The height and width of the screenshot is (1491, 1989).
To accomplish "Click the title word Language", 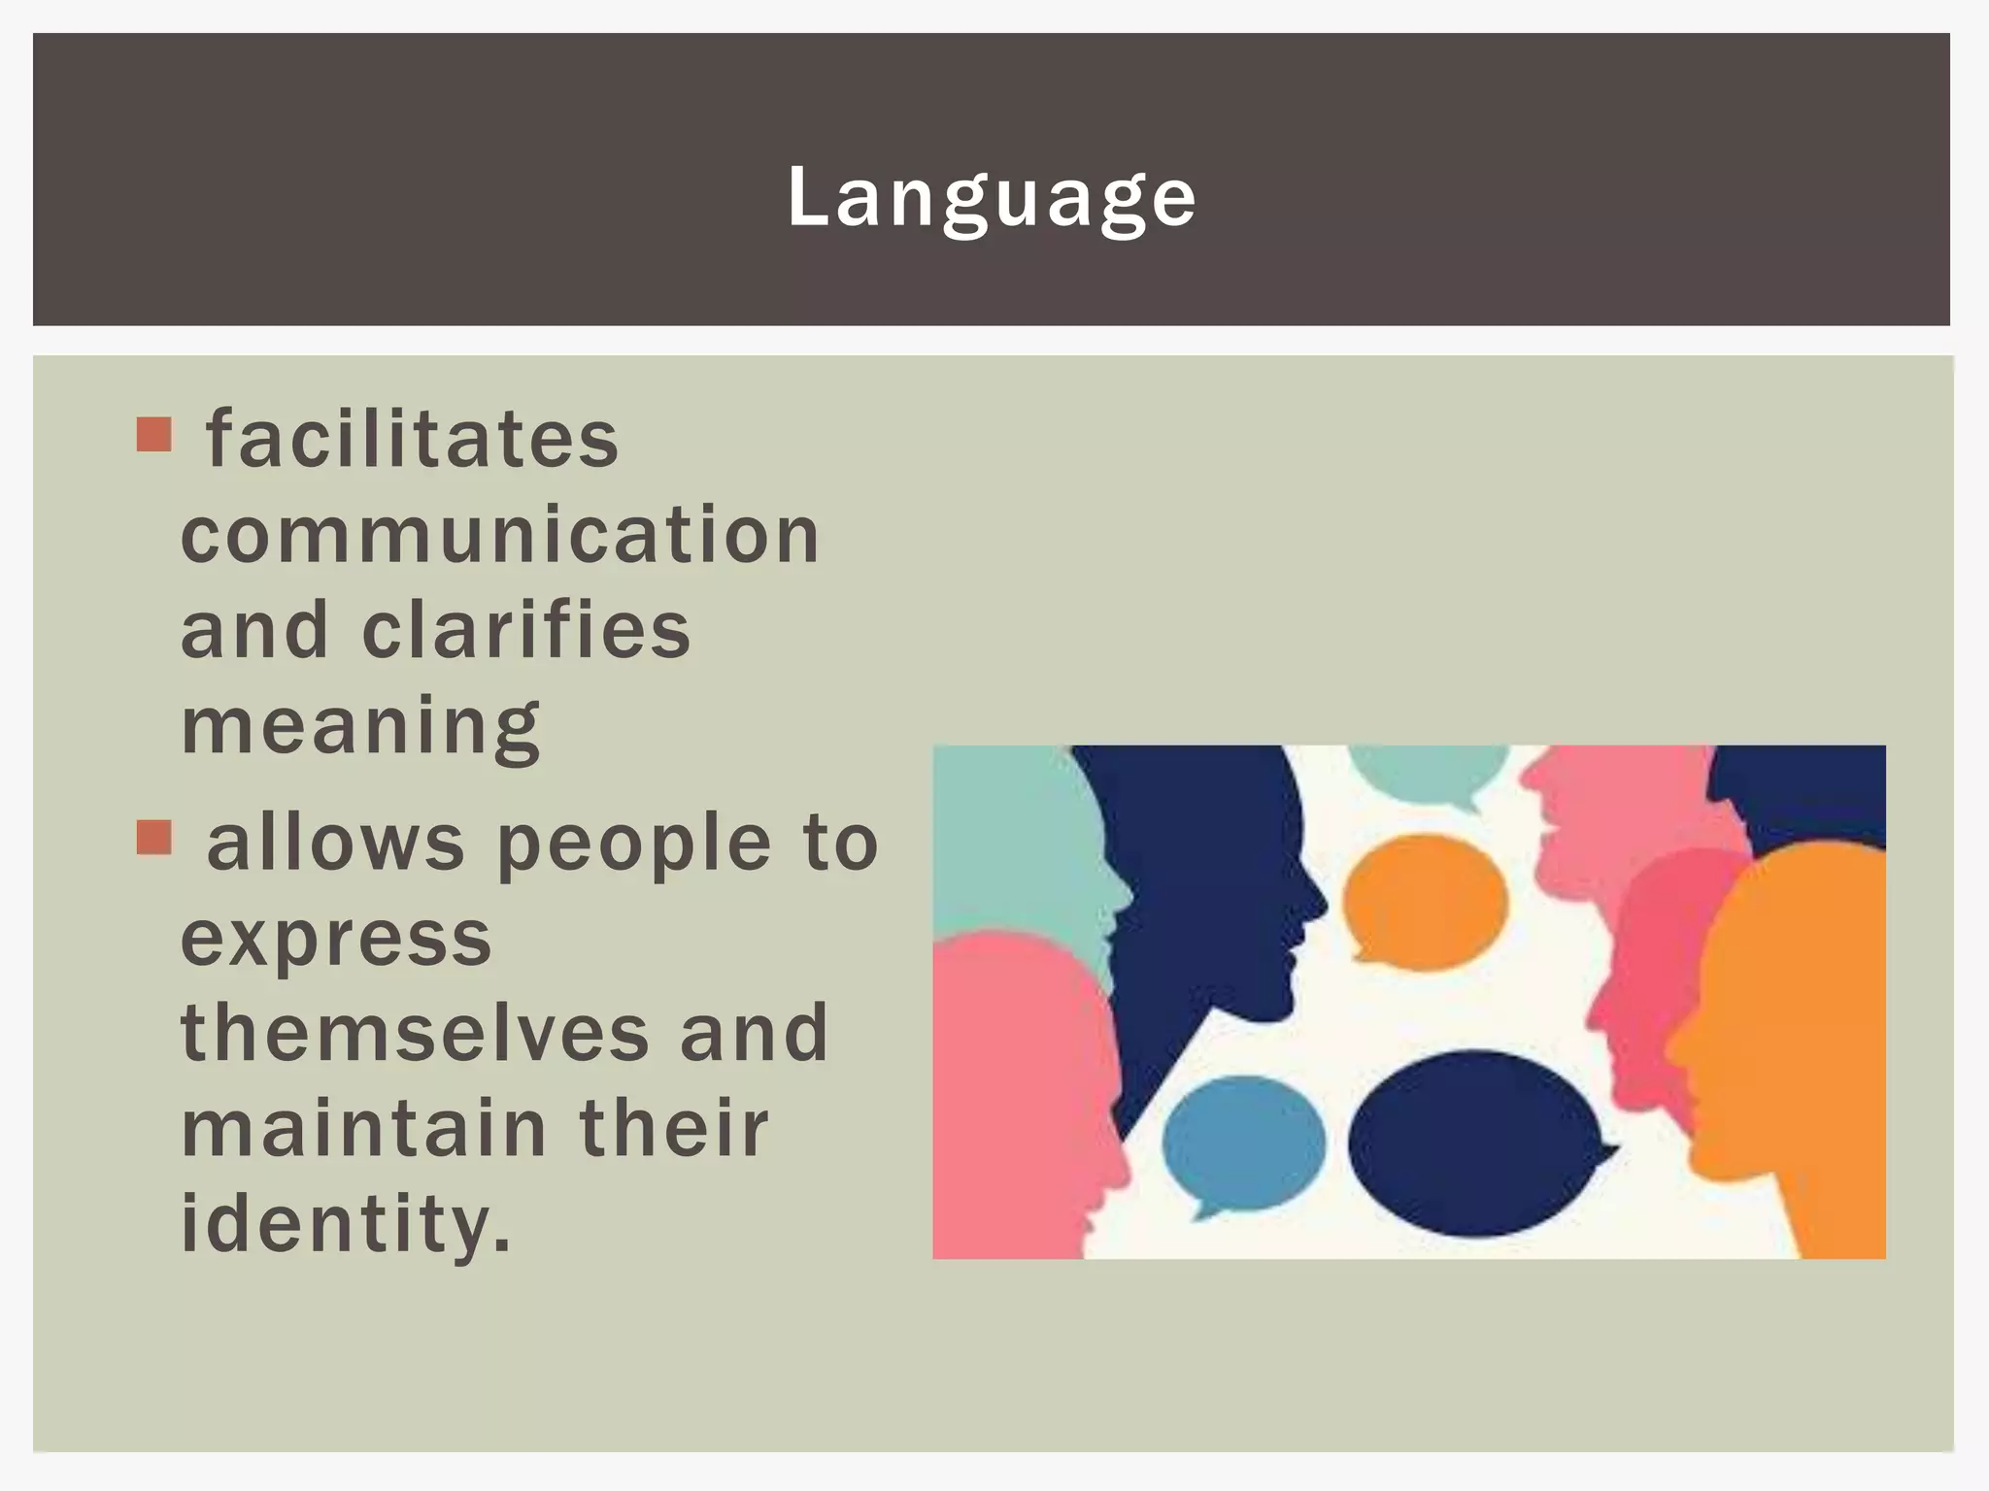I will pyautogui.click(x=992, y=198).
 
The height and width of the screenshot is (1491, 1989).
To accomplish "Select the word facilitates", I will pyautogui.click(x=412, y=440).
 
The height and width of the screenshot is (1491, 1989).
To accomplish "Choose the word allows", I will pyautogui.click(x=336, y=843).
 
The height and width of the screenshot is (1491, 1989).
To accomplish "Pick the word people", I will pyautogui.click(x=634, y=843).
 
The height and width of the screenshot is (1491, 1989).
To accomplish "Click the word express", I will pyautogui.click(x=336, y=939).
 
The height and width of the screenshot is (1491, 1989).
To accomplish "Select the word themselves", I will pyautogui.click(x=415, y=1033).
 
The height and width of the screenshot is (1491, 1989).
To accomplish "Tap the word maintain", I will pyautogui.click(x=364, y=1128).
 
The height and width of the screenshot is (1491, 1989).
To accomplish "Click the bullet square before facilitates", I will pyautogui.click(x=154, y=435).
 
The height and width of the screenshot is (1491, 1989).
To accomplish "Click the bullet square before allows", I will pyautogui.click(x=154, y=837).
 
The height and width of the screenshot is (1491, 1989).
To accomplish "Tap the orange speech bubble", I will pyautogui.click(x=1425, y=901).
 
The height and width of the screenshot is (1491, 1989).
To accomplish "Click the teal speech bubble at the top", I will pyautogui.click(x=1428, y=772).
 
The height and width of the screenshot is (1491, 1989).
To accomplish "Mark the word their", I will pyautogui.click(x=673, y=1128).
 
